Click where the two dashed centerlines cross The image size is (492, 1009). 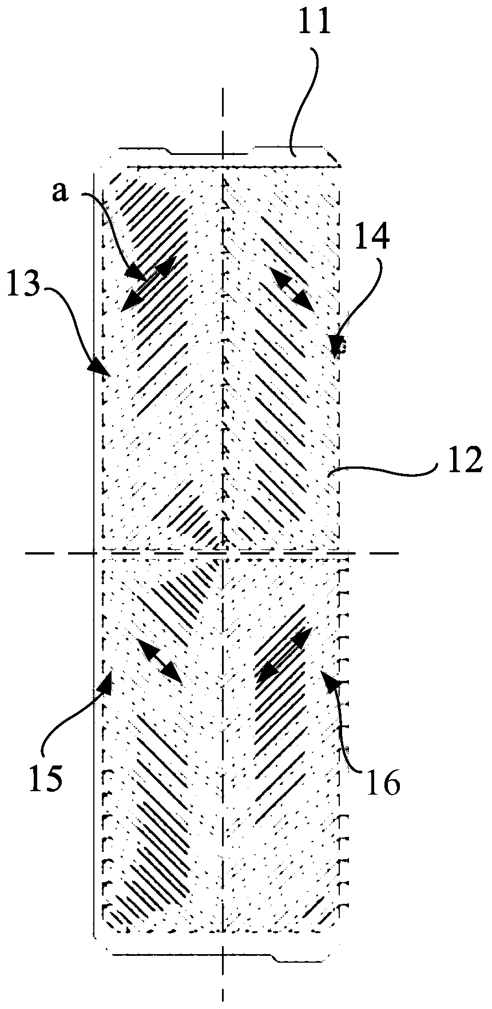point(222,553)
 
